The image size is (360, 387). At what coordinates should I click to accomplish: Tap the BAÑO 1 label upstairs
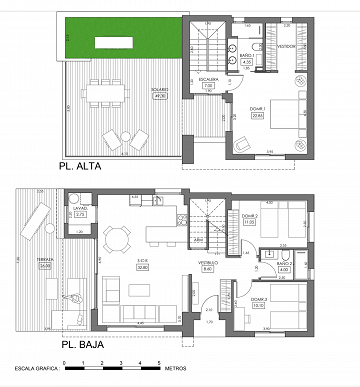247,58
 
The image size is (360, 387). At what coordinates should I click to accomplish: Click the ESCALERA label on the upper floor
208,81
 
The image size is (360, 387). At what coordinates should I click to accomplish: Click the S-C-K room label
142,262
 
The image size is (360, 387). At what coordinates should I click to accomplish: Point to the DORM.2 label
249,217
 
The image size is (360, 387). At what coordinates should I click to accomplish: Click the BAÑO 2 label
283,262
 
